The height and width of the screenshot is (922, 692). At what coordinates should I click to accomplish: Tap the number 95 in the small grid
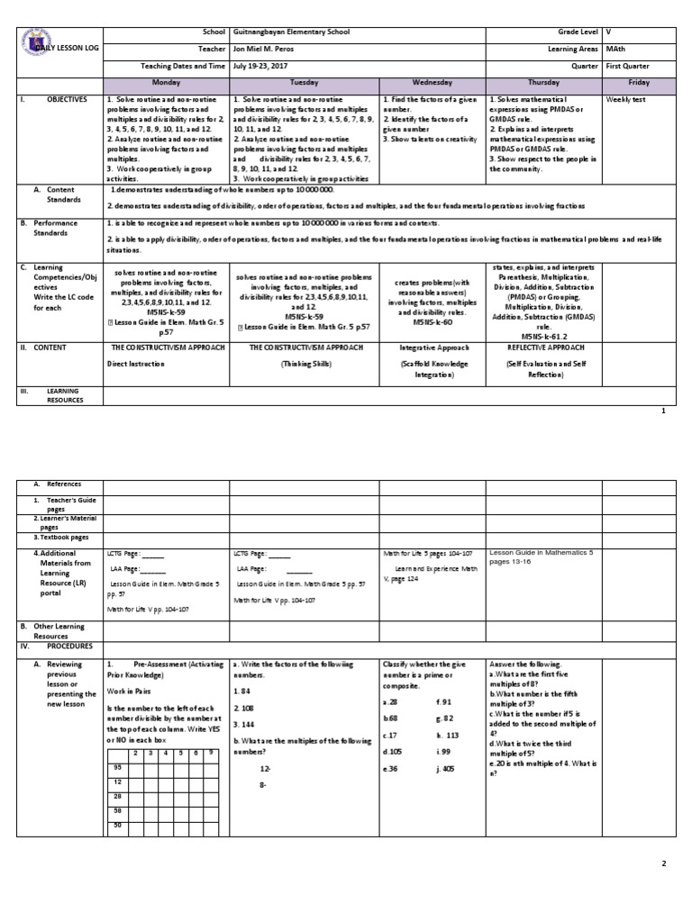117,766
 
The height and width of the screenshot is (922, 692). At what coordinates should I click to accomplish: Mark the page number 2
663,863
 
